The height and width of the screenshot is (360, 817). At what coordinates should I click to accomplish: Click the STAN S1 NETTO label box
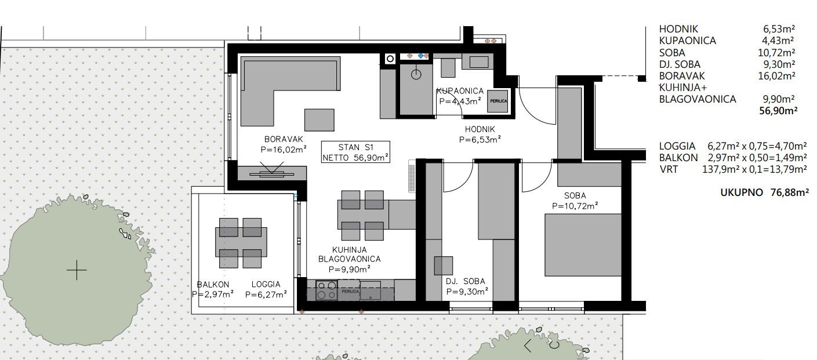[x=355, y=152]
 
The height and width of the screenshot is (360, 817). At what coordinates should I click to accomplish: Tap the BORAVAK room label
[x=284, y=139]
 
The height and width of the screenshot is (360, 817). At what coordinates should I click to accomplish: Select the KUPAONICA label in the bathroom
[x=460, y=91]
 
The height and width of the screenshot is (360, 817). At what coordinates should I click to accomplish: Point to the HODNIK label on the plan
[x=480, y=129]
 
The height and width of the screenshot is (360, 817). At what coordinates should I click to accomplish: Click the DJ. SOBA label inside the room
[x=466, y=281]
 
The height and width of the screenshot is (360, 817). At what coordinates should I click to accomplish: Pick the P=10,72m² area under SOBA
[x=575, y=206]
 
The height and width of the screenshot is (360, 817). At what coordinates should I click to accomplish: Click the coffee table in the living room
[x=319, y=120]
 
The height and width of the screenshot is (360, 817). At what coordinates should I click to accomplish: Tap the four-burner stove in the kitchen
[x=326, y=290]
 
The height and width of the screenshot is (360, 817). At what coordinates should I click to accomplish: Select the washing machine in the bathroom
[x=498, y=101]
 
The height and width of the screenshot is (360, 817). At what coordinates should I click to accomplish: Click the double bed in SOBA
[x=583, y=245]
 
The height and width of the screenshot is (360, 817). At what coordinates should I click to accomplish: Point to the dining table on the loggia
[x=241, y=242]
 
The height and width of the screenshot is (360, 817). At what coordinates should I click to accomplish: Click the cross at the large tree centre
[x=77, y=270]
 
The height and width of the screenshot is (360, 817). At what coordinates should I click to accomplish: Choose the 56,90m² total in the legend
[x=778, y=111]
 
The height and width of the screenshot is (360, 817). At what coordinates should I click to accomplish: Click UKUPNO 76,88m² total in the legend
[x=764, y=192]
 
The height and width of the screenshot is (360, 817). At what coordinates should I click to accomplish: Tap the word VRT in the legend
[x=669, y=169]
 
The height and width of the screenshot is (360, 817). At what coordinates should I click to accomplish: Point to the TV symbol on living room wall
[x=272, y=171]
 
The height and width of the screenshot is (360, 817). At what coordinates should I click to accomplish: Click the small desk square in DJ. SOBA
[x=444, y=266]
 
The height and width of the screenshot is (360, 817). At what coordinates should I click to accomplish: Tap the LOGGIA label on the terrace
[x=266, y=284]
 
